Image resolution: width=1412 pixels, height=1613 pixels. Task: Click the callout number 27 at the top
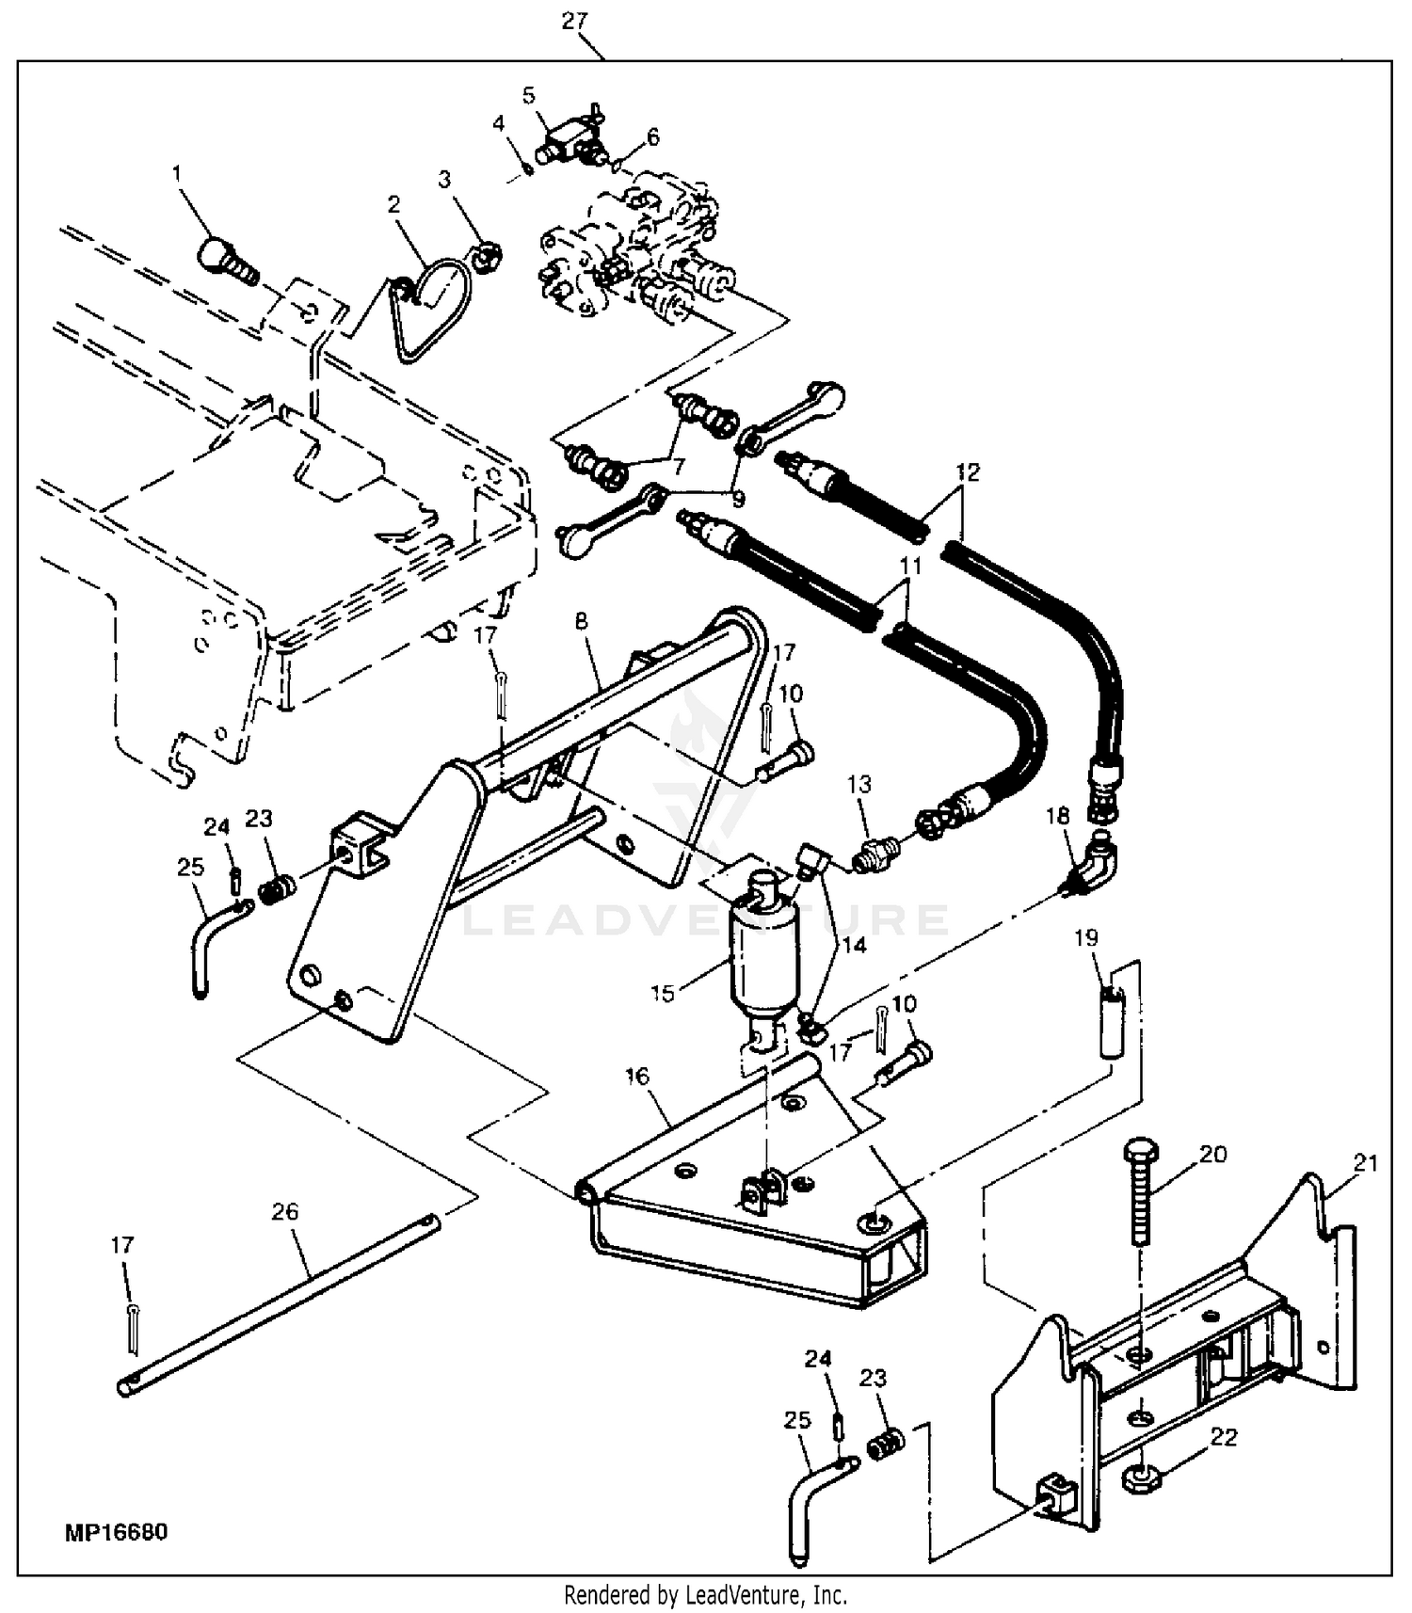click(x=574, y=21)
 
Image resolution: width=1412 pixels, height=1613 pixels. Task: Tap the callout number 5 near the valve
click(x=528, y=95)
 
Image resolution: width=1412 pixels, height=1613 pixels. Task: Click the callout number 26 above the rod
click(x=284, y=1211)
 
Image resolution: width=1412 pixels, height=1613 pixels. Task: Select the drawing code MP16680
click(x=117, y=1532)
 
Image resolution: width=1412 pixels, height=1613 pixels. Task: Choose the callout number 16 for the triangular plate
click(x=637, y=1076)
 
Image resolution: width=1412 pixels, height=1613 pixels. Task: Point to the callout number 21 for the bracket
click(x=1365, y=1163)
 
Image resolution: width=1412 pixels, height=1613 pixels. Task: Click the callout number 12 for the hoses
click(x=967, y=471)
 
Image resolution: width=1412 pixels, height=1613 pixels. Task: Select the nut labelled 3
click(x=488, y=255)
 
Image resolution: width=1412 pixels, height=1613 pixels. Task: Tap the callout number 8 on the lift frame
click(x=581, y=621)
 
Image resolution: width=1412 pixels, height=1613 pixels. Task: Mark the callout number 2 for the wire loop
click(x=393, y=204)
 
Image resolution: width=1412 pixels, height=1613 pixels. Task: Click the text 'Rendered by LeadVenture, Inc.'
click(x=705, y=1595)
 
